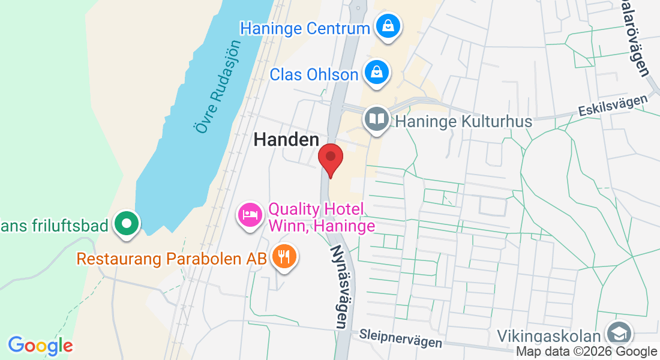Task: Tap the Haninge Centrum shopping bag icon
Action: tap(388, 26)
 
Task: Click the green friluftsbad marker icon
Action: tap(127, 224)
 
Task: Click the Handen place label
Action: tap(286, 140)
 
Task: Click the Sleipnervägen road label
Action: tap(401, 338)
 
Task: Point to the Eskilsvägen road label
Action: tap(616, 104)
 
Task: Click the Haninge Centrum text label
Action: tap(305, 28)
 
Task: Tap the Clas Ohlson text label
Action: tap(314, 74)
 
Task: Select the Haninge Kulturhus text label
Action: tap(464, 122)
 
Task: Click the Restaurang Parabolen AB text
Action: tap(171, 259)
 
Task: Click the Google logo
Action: tap(40, 346)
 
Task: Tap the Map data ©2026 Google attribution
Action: tap(587, 352)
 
